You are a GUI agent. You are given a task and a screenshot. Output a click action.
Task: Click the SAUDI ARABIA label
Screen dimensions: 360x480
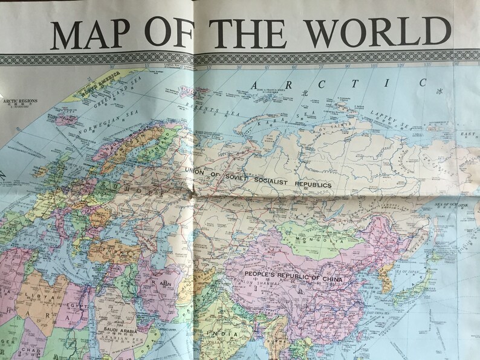click(x=125, y=332)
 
